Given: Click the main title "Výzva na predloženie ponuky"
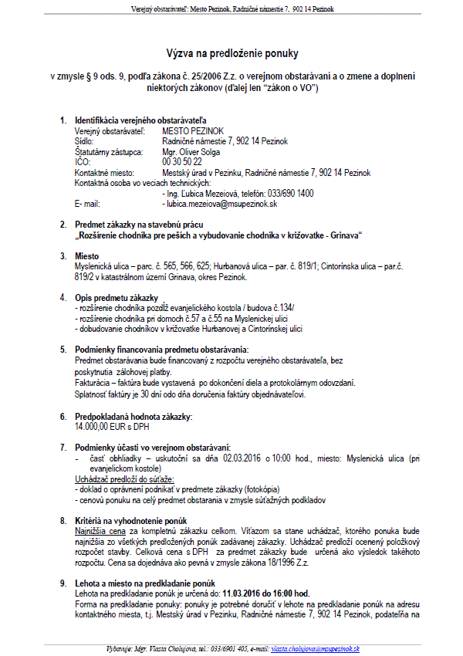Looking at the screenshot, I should pos(231,53).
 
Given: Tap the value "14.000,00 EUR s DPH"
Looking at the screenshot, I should pos(112,426).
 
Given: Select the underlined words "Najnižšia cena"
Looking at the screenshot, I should pos(100,531).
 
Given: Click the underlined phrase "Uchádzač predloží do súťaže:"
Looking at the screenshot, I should pos(120,479).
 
